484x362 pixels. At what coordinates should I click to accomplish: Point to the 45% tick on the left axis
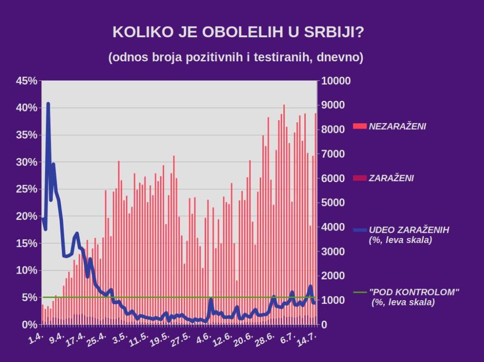27,81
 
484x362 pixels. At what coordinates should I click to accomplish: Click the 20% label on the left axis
27,216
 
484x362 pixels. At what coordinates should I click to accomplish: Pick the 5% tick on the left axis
29,297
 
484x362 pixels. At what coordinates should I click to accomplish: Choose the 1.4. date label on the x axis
36,337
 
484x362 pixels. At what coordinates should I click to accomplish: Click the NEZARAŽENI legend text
397,126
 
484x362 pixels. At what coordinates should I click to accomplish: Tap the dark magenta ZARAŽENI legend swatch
360,178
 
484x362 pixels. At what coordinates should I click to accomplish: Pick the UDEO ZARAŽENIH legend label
409,230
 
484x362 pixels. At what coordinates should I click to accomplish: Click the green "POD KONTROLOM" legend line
360,292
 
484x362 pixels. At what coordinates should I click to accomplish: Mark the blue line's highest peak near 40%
48,104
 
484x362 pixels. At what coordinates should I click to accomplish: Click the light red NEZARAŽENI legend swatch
360,126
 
